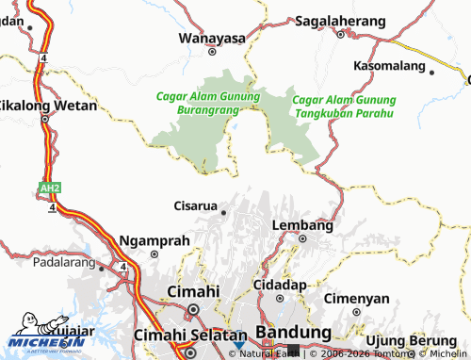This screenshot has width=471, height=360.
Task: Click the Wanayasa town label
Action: pos(212,39)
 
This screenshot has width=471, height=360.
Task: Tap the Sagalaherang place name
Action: pos(340,20)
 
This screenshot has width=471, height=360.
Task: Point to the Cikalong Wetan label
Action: pos(47,106)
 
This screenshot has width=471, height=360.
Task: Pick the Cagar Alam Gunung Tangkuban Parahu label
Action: pos(344,106)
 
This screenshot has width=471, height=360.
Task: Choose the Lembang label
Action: pos(302,226)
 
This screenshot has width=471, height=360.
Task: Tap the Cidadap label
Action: pos(282,284)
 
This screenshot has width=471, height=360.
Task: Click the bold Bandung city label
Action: pos(292,334)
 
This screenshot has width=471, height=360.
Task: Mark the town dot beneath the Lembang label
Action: pos(302,239)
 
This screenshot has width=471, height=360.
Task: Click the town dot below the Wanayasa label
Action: pos(212,53)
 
